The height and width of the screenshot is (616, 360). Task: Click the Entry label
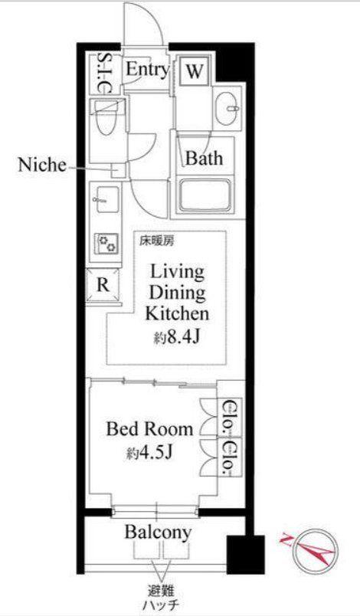pos(147,70)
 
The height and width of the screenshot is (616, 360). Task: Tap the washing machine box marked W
pos(195,71)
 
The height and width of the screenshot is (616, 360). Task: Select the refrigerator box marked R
pos(103,285)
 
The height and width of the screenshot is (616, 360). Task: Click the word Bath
pos(204,158)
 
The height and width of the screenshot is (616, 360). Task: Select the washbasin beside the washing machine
pos(228,107)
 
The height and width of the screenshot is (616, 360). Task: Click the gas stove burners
pos(106,244)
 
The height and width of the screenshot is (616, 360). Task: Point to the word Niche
pos(42,165)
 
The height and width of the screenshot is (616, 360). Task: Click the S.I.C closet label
pos(103,73)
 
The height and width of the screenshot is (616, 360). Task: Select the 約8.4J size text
pos(177,336)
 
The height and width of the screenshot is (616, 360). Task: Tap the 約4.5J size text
pos(149,453)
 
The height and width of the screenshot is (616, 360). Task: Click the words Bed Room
pos(149,429)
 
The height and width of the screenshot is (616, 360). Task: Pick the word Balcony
pos(159,532)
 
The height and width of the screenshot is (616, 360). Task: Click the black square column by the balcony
pos(246,555)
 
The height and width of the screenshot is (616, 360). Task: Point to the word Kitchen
pos(177,313)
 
